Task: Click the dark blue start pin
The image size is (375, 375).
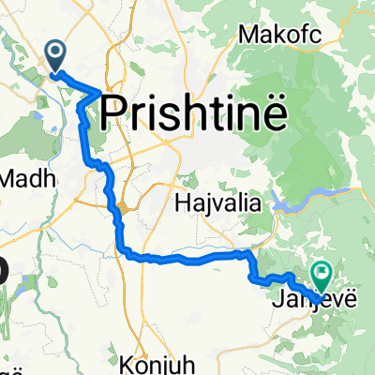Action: point(56,56)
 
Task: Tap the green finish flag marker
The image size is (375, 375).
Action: point(322,275)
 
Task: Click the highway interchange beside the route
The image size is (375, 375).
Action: point(123,206)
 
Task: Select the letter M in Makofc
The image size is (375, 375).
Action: point(247,35)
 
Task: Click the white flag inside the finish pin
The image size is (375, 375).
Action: point(323,272)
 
